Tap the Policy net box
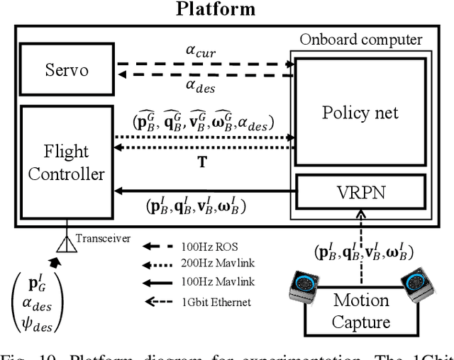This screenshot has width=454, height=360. point(360,113)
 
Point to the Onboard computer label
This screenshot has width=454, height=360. point(360,40)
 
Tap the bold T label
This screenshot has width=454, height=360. point(202,162)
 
